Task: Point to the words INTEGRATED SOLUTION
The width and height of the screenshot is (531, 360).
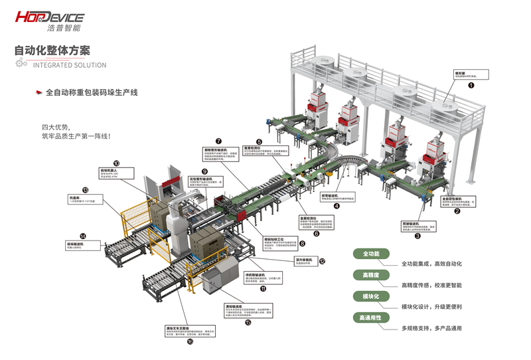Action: tap(69, 65)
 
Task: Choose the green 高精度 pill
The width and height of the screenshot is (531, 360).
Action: tap(371, 275)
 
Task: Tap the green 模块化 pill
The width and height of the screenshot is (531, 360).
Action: tap(371, 296)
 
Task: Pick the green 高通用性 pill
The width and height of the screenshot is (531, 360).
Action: tap(371, 317)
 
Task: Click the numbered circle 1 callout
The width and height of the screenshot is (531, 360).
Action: tap(471, 86)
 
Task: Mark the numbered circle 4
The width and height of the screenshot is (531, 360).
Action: tap(336, 207)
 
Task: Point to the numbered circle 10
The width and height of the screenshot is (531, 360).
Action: tap(117, 163)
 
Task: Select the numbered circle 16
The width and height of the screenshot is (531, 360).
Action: tap(190, 341)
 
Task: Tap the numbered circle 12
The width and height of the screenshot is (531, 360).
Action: tap(322, 262)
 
